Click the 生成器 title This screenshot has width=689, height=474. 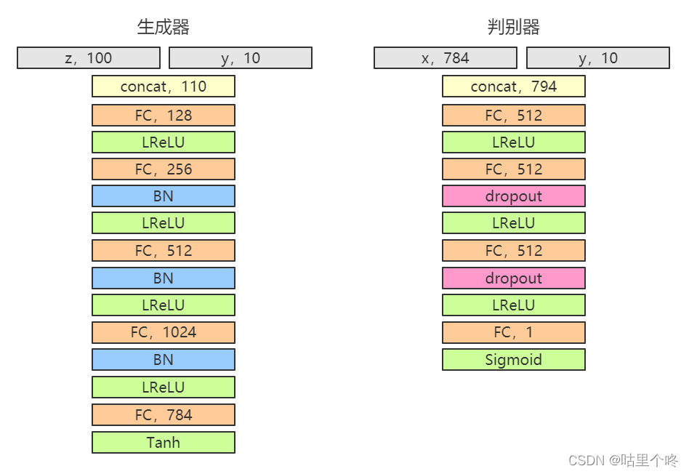pos(163,27)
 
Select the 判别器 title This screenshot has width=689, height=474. pos(513,27)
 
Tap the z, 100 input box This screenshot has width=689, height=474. pos(89,57)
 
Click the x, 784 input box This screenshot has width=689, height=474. pos(446,57)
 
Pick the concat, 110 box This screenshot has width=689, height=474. pos(164,87)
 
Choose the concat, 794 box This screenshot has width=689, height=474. pos(514,87)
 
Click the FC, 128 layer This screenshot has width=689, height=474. pos(164,115)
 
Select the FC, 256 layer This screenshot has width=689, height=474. pos(164,169)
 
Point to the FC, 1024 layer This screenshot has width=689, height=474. pos(164,332)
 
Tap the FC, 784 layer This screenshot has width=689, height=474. pos(164,414)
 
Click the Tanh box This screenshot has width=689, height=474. pos(164,442)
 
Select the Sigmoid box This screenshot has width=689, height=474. pos(514,360)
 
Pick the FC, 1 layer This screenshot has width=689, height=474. pos(514,332)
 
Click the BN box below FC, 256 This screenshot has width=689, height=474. pos(164,196)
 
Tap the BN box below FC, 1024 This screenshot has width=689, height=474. pos(164,360)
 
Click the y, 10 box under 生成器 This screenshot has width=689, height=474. pos(241,57)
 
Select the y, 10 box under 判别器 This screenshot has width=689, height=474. pos(598,57)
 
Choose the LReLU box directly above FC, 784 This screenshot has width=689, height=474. pos(164,387)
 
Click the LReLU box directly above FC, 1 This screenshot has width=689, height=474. pos(514,305)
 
